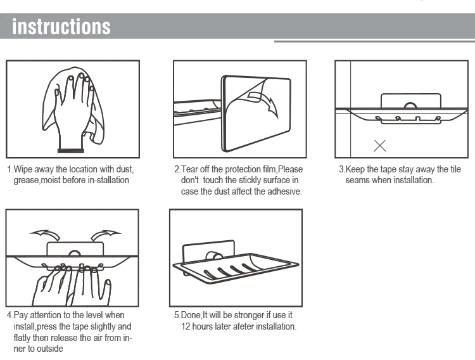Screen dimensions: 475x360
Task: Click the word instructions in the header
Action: [x=61, y=27]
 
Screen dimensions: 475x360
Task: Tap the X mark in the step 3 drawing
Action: [x=380, y=146]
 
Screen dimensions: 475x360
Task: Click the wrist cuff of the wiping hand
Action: [x=70, y=150]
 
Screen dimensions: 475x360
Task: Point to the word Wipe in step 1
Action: [x=23, y=169]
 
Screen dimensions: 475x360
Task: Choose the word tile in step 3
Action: [x=455, y=169]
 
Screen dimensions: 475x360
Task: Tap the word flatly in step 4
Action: [x=22, y=338]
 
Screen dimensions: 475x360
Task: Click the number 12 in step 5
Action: [x=186, y=326]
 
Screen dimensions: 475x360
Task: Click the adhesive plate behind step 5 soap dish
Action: [x=208, y=247]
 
